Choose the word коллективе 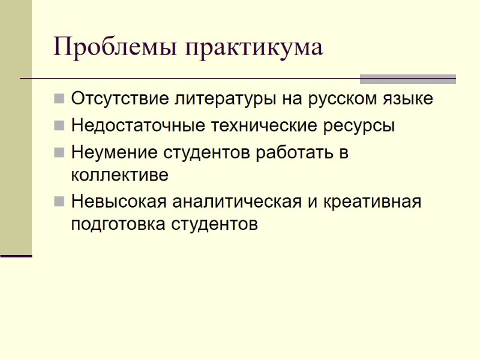[119, 175]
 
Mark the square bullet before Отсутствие [59, 99]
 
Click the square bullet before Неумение [59, 153]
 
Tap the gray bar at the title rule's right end [407, 79]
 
